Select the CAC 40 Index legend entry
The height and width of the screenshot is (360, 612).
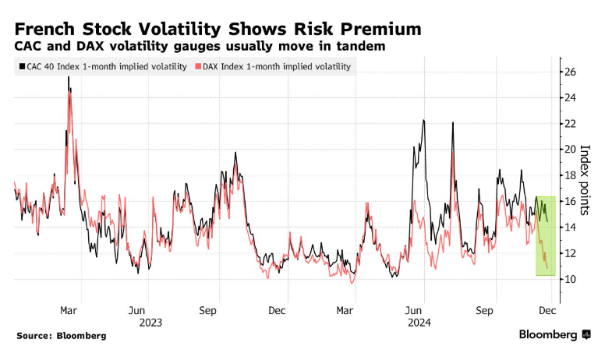coord(102,67)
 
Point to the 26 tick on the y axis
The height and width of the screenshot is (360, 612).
coord(569,72)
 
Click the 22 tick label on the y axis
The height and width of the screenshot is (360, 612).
coord(569,123)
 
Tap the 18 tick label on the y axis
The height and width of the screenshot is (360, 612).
coord(569,175)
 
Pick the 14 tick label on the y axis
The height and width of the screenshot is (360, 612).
coord(569,227)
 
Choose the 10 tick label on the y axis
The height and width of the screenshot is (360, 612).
coord(569,279)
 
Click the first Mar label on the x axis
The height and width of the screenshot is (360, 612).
coord(68,309)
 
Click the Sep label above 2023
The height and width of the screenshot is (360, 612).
coord(208,309)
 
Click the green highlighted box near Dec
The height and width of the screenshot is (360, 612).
coord(545,236)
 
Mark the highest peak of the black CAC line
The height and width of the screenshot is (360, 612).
coord(69,78)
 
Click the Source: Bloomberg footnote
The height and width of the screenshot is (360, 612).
coord(60,336)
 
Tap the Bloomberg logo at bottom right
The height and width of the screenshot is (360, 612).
coord(555,335)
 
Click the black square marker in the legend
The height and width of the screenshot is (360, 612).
coord(20,67)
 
